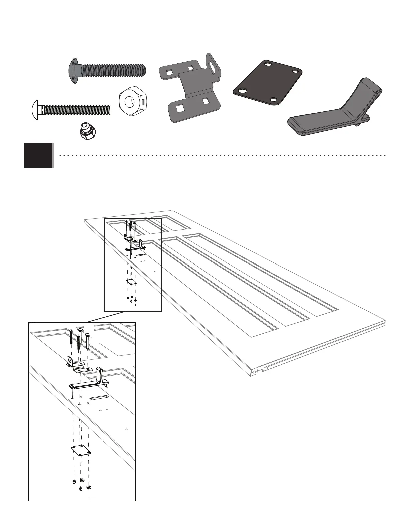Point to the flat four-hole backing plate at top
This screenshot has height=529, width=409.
point(268,82)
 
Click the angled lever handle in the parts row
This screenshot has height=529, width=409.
point(334,114)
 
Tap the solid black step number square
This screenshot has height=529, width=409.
point(38,155)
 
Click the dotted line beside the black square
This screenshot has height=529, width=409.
point(221,155)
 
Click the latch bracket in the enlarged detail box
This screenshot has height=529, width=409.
point(79,365)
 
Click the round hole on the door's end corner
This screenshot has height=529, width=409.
point(254,371)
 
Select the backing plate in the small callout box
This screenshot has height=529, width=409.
point(132,282)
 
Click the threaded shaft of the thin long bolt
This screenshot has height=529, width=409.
point(77,109)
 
